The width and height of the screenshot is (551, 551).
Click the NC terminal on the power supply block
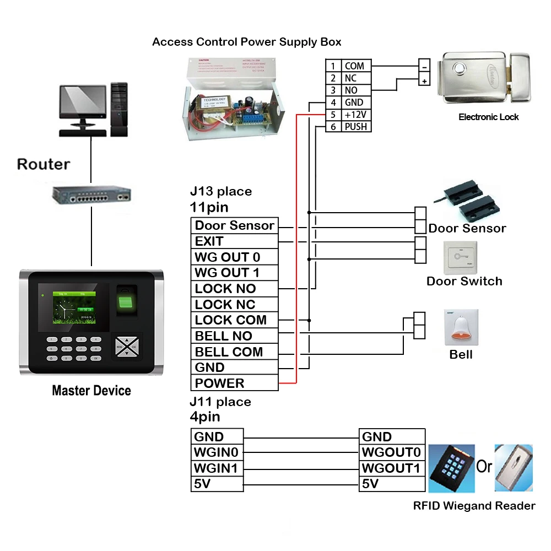point(351,78)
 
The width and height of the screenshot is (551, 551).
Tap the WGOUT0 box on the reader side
point(392,452)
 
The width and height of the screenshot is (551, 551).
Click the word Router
point(44,164)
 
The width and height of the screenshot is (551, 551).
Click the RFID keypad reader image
point(451,468)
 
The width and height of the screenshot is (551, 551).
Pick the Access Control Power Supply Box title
point(246,42)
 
